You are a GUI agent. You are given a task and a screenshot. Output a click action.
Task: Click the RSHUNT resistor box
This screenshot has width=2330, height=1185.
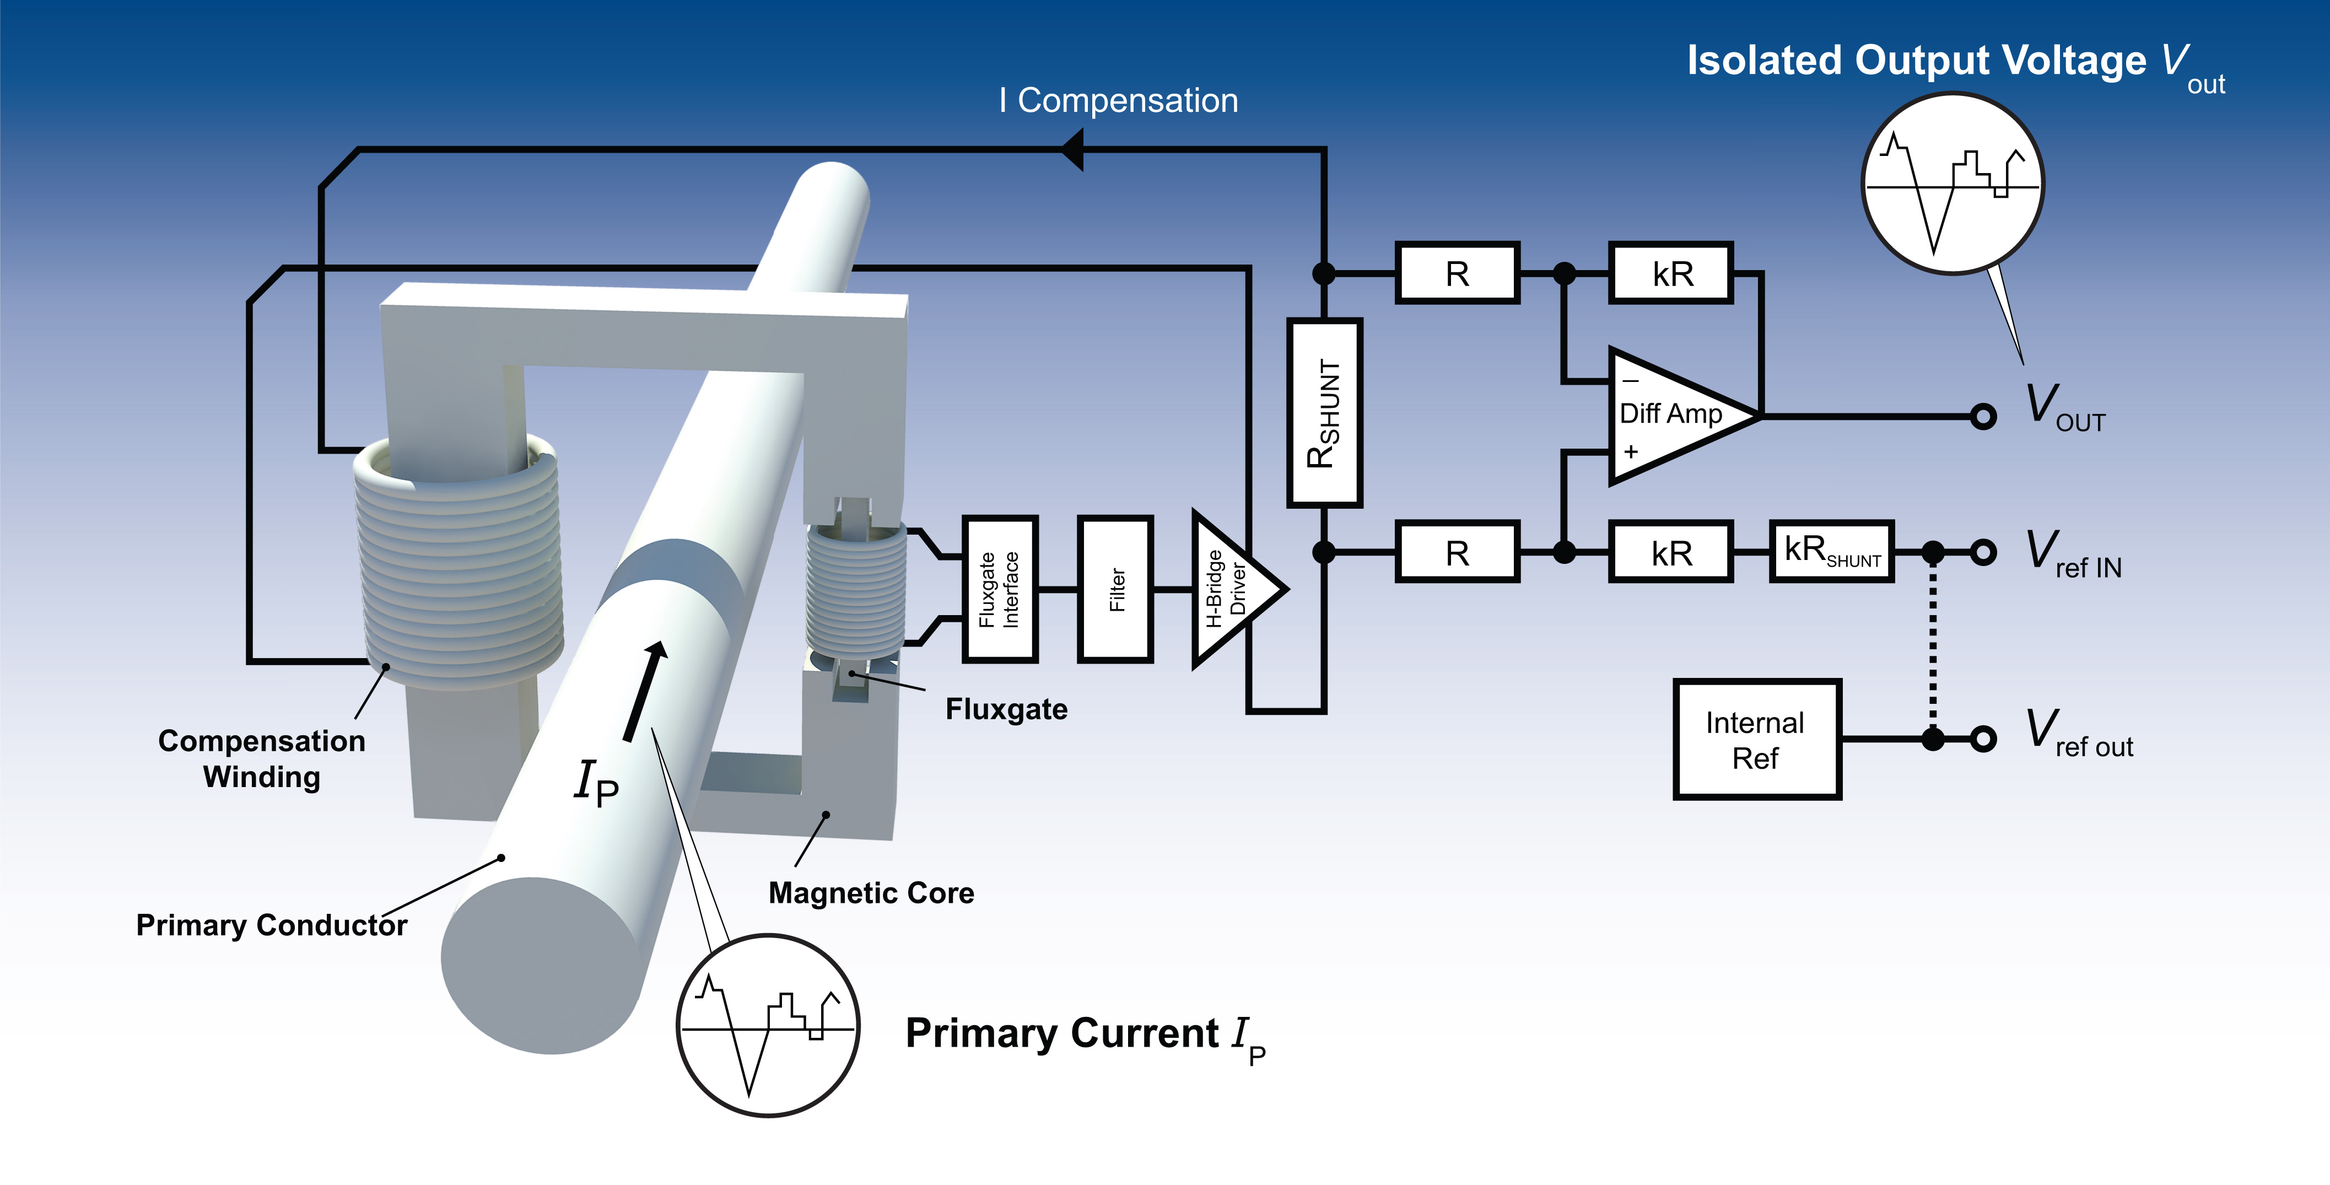[1324, 412]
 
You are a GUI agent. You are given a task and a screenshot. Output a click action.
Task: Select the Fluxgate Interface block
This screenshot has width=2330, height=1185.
[1000, 589]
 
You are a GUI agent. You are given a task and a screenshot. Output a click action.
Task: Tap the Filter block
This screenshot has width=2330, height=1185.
[1115, 589]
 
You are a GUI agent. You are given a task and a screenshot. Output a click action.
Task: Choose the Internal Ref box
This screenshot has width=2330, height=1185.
[1756, 739]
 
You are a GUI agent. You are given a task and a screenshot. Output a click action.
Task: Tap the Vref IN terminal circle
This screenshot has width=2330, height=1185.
[1983, 552]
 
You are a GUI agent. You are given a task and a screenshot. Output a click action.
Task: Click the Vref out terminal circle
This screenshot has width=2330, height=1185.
[1983, 739]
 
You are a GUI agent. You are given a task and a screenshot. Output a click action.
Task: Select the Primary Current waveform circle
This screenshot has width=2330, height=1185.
[768, 1026]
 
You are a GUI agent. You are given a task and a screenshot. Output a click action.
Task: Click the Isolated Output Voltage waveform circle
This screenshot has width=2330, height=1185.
[1953, 184]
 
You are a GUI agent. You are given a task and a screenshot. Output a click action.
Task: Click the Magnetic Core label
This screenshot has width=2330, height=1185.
[871, 893]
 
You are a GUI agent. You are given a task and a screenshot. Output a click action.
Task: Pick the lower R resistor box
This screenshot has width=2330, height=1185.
[1457, 552]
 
